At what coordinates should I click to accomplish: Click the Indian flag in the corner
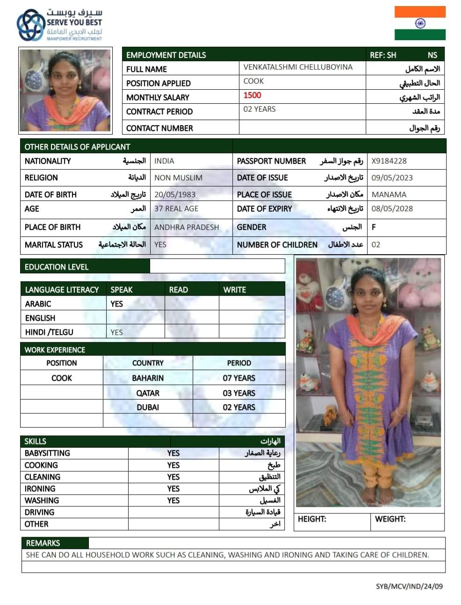coord(419,23)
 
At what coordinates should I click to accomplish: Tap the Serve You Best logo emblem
coord(30,25)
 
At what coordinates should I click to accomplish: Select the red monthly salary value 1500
coord(252,95)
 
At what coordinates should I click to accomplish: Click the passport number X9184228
coord(389,161)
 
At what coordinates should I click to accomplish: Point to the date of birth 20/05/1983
coord(175,194)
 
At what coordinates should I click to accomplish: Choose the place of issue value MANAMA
coord(389,194)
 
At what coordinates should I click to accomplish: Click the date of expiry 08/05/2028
coord(392,209)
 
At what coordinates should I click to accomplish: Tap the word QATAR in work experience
coord(148,393)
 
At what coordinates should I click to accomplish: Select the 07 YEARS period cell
coord(239,378)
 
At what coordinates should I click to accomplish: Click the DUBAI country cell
coord(148,407)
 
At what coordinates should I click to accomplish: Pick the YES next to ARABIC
coord(116,304)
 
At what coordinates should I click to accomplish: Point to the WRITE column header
coord(235,290)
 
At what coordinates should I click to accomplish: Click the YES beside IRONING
coord(173,489)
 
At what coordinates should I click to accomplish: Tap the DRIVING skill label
coord(40,512)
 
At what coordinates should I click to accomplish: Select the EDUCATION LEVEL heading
coord(57,267)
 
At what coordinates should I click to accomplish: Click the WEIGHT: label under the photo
coord(390,519)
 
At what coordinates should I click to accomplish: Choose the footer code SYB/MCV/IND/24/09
coord(409,586)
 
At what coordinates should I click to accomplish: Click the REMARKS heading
coord(43,543)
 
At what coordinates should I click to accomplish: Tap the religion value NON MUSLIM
coord(178,178)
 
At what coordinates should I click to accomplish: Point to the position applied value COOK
coord(254,81)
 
